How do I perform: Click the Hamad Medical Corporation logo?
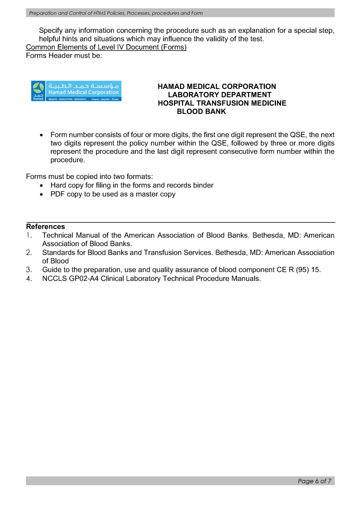76,91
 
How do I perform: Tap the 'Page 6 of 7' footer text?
315,481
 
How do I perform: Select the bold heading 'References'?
45,227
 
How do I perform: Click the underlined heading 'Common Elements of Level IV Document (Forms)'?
106,48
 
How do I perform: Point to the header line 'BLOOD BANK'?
201,112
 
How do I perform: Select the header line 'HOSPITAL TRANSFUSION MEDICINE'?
222,103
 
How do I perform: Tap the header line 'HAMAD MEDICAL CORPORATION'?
217,86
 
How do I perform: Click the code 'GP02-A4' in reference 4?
82,279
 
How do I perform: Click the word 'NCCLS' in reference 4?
54,279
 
